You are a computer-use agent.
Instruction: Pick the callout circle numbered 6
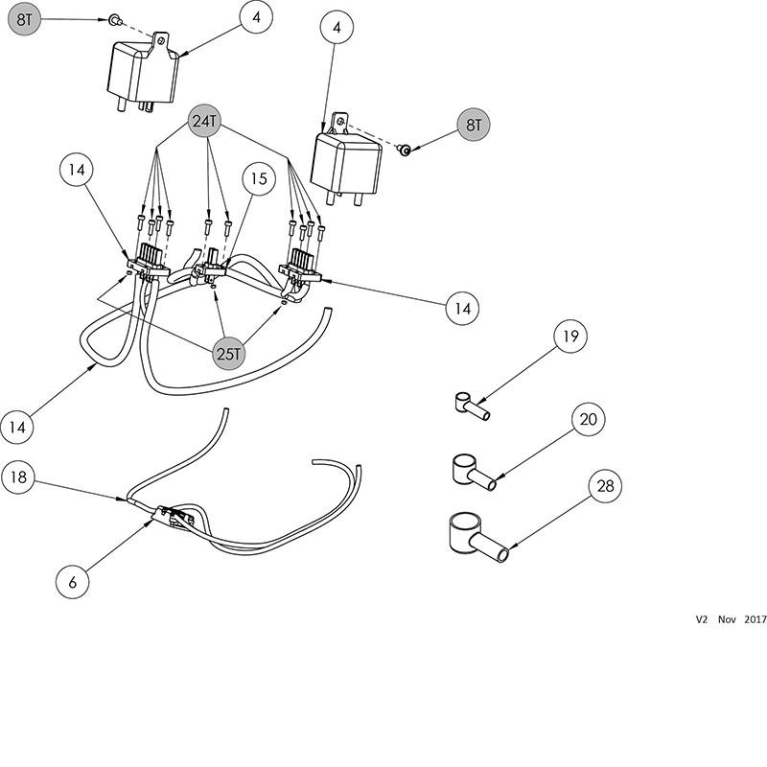[x=73, y=581]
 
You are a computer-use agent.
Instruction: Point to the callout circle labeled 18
[x=21, y=476]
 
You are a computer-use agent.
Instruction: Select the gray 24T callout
[x=208, y=122]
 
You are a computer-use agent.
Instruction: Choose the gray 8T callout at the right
[x=472, y=125]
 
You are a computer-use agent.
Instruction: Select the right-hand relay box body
[x=345, y=160]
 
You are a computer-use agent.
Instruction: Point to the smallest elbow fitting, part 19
[x=470, y=407]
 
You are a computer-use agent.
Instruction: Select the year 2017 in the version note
[x=755, y=620]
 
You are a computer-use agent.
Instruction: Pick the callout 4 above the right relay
[x=337, y=29]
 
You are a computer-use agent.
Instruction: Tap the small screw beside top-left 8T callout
[x=113, y=19]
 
